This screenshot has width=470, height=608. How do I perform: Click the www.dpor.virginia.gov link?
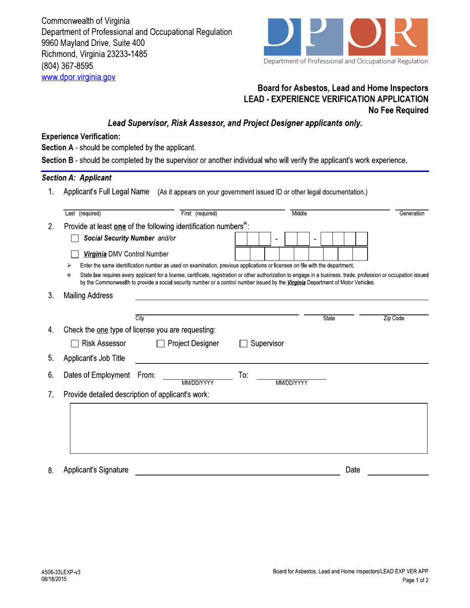click(x=78, y=77)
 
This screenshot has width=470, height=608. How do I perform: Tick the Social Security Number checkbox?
click(x=75, y=239)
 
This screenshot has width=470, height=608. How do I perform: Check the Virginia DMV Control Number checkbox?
click(x=75, y=255)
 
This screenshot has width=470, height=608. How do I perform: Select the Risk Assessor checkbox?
click(x=75, y=344)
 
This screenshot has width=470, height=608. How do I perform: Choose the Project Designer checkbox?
click(x=160, y=344)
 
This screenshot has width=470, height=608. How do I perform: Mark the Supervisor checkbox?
click(x=243, y=344)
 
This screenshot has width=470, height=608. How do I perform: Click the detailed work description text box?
click(x=249, y=428)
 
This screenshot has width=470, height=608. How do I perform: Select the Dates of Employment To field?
click(x=291, y=375)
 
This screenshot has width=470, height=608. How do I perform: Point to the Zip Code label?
click(x=394, y=319)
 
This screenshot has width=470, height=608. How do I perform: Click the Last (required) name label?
click(x=83, y=214)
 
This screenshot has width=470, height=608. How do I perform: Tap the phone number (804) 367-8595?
click(x=67, y=66)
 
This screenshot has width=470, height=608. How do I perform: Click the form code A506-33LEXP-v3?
click(x=61, y=572)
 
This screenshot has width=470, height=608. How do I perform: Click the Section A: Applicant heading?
click(x=76, y=177)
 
